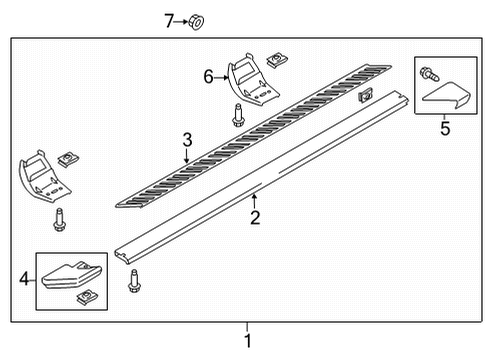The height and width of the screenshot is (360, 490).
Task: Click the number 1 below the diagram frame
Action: [248, 342]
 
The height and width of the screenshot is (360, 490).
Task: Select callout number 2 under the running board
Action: [255, 218]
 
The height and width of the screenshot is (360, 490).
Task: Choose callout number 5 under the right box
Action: [445, 127]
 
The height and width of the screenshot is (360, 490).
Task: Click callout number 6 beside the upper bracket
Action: [208, 76]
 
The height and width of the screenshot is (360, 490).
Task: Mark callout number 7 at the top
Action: [170, 19]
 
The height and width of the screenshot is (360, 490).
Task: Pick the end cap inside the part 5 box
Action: [447, 97]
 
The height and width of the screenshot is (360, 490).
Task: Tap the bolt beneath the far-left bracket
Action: [62, 219]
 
